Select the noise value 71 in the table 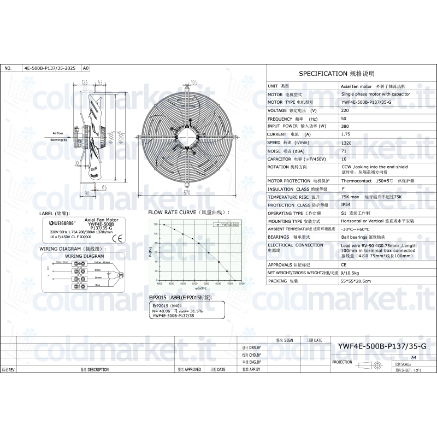344,150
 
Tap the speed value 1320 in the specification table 346,142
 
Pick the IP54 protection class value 346,205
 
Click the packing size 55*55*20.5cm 356,281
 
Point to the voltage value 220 345,110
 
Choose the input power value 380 344,126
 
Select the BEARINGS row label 279,237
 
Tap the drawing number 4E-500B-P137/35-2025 50,69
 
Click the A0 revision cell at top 85,69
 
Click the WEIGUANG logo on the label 57,224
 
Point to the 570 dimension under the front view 186,192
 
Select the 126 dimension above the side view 85,82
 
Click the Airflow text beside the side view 58,133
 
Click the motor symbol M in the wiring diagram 122,274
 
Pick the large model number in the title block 382,347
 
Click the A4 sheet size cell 413,356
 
